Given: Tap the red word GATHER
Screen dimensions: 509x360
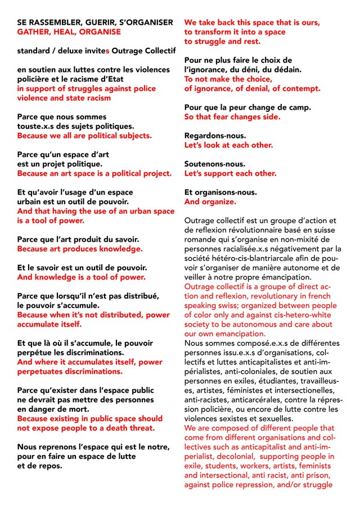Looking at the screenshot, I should pos(34,31).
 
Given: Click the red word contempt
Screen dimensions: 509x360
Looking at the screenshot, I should pos(299,88).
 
